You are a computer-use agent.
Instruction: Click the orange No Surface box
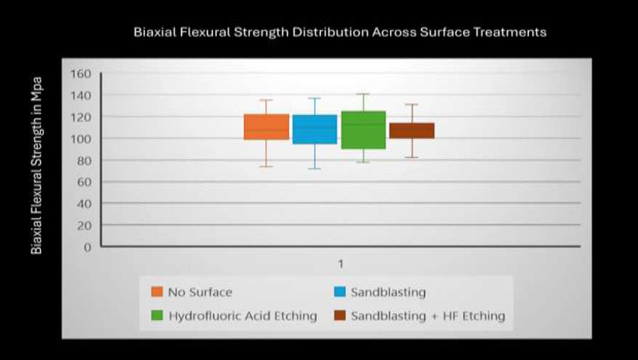click(266, 127)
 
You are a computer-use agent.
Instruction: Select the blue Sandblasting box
click(315, 129)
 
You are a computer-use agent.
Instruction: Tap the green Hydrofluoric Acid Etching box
click(363, 130)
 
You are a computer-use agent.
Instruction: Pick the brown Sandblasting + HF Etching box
click(412, 131)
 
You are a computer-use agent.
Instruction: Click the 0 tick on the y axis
click(87, 247)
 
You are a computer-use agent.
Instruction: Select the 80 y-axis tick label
click(84, 160)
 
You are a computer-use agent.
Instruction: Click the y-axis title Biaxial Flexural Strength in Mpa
click(37, 165)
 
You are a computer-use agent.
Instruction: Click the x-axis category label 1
click(340, 264)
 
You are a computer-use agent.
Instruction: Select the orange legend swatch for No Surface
click(157, 292)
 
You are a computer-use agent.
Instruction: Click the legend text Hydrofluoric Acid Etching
click(242, 316)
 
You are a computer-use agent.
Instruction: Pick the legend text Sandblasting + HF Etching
click(428, 316)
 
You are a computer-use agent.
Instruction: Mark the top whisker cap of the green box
click(363, 94)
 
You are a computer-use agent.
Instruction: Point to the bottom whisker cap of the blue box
click(315, 168)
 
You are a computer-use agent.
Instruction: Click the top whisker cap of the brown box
click(412, 104)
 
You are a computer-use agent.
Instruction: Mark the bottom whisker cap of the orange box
click(266, 166)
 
